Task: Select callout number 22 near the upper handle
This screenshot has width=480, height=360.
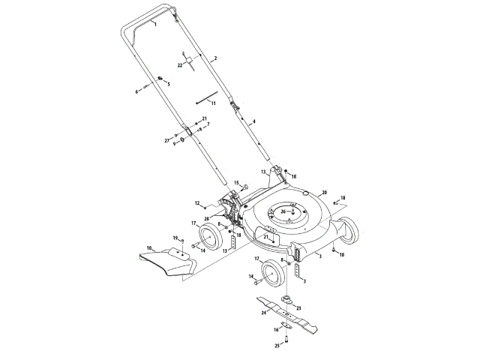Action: [x=180, y=66]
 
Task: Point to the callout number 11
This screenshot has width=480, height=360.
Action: [x=213, y=103]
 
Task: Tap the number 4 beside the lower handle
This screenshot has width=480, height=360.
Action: [x=254, y=121]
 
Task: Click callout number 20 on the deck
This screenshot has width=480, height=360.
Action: [x=325, y=192]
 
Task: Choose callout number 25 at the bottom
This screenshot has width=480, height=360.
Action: [x=276, y=346]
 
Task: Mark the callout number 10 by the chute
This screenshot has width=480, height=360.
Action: [x=149, y=247]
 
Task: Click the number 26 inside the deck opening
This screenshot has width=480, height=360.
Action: [x=283, y=211]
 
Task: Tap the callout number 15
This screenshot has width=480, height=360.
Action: [x=235, y=183]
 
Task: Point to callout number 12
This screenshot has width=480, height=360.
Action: [x=197, y=203]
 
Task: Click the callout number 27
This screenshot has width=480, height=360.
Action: [x=167, y=140]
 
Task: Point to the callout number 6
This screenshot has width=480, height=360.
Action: [x=137, y=92]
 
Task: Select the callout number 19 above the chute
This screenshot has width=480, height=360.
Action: [x=175, y=237]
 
